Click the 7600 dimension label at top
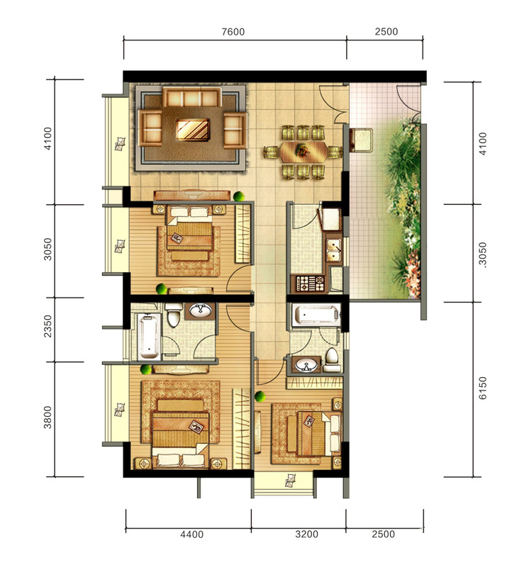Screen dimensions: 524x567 (233, 32)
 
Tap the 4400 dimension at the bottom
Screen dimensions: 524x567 (191, 534)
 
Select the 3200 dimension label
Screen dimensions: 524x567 (306, 534)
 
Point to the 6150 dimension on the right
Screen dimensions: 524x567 (483, 388)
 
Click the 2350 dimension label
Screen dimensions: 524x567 (48, 326)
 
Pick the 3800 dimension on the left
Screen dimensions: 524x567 (48, 417)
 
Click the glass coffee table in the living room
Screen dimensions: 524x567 (193, 130)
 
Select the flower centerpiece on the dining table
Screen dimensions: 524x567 (302, 150)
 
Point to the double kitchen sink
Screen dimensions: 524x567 (334, 249)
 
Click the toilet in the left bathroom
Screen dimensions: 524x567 (174, 315)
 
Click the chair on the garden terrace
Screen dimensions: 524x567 (362, 140)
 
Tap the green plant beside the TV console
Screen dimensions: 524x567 (238, 196)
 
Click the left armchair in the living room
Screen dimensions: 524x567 (150, 128)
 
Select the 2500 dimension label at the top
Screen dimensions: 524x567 (386, 32)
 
